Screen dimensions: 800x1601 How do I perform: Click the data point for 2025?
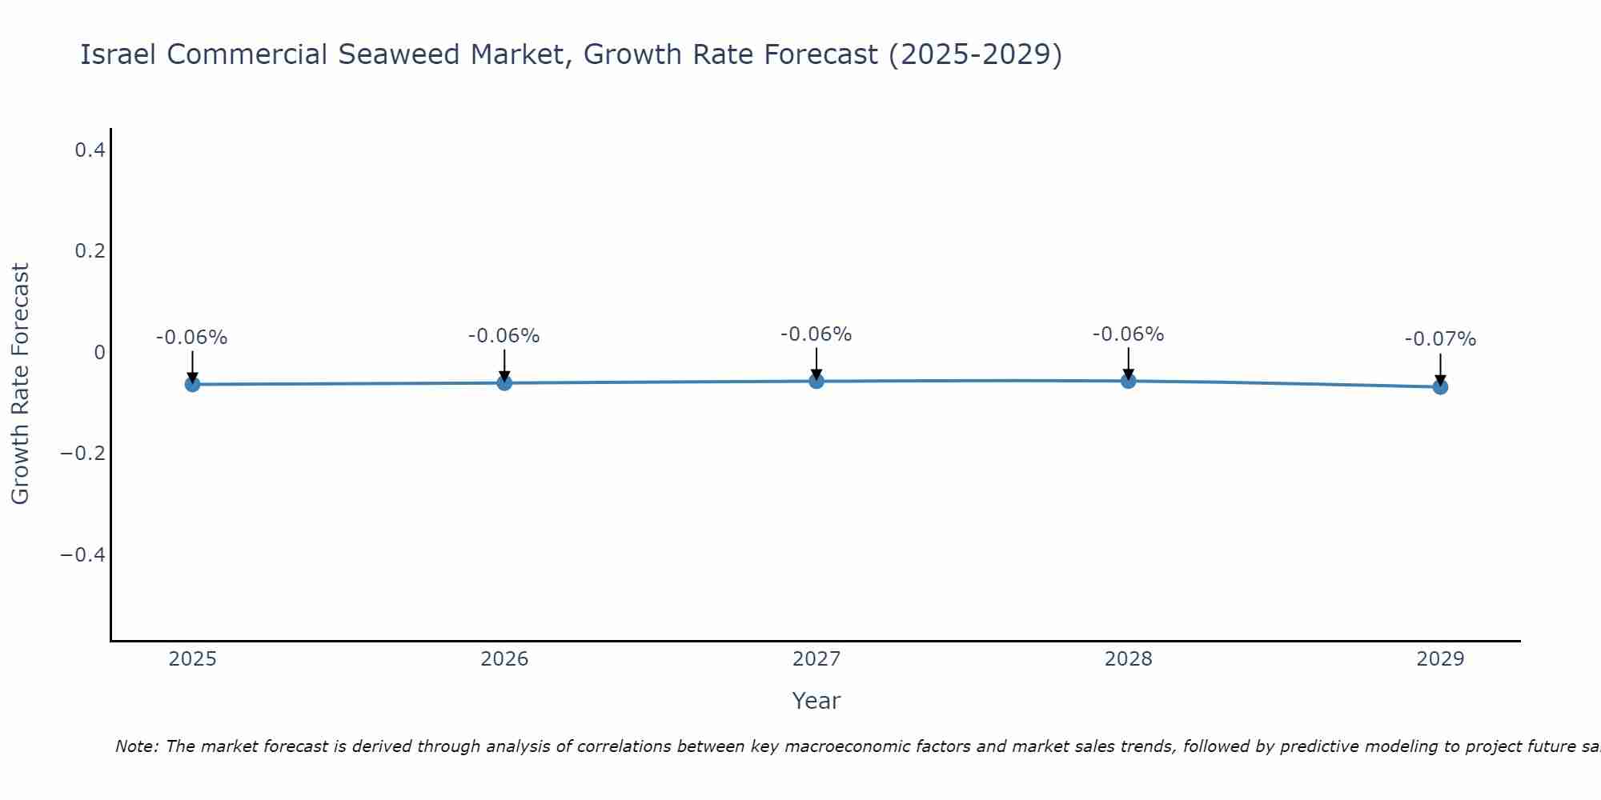(192, 384)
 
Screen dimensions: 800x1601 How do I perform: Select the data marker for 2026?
(504, 382)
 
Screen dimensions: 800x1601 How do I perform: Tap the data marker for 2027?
(817, 381)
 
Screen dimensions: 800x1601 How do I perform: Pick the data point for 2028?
(1128, 381)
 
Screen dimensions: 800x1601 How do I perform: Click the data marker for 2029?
(1440, 386)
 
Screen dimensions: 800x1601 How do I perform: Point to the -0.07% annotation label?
(1440, 339)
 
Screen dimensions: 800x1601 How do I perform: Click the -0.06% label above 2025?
(192, 338)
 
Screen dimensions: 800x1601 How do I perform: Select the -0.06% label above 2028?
(1128, 334)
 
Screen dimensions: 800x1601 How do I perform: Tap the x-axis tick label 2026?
(504, 659)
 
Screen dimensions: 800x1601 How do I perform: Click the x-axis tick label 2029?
(1440, 659)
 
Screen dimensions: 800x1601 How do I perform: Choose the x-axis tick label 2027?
(817, 659)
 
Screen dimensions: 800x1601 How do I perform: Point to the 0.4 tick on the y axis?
(90, 150)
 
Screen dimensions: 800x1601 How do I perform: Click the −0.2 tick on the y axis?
(83, 454)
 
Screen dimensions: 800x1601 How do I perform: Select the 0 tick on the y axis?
(99, 353)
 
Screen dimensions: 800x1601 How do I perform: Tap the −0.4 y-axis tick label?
(83, 555)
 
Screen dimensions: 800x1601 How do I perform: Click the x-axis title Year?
(816, 701)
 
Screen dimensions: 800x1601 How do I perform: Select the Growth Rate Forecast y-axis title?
(20, 384)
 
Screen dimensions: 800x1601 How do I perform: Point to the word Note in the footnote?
(136, 746)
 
